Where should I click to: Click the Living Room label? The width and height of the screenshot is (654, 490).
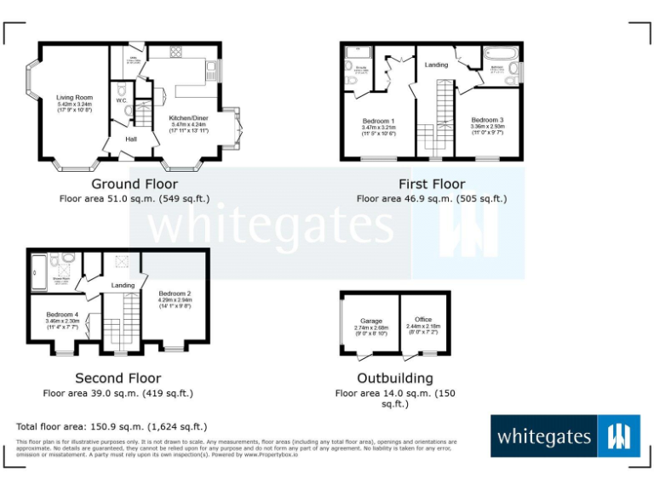click(74, 98)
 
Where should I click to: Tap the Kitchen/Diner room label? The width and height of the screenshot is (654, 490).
click(188, 118)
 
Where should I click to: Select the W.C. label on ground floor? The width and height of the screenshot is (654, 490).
click(121, 100)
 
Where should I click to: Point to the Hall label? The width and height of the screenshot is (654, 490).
click(131, 139)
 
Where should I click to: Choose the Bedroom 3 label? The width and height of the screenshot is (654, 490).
click(487, 120)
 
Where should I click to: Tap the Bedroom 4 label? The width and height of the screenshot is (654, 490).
click(62, 314)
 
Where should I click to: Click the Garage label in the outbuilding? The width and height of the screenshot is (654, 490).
click(370, 322)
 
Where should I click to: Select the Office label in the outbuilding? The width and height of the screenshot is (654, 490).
click(423, 320)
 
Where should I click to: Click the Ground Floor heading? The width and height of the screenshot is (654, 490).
click(135, 184)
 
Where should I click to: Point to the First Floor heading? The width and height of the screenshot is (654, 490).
click(432, 184)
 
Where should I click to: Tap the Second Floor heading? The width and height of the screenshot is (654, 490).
click(118, 379)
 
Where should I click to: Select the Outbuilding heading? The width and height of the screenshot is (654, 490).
click(395, 379)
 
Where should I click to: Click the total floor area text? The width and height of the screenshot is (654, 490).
click(112, 426)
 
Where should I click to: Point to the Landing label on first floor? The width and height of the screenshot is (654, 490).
click(437, 65)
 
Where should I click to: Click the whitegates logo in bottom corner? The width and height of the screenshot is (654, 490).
click(565, 436)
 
